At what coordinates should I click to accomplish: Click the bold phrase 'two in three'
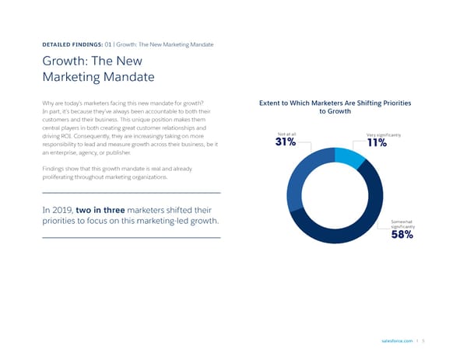click(107, 210)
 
